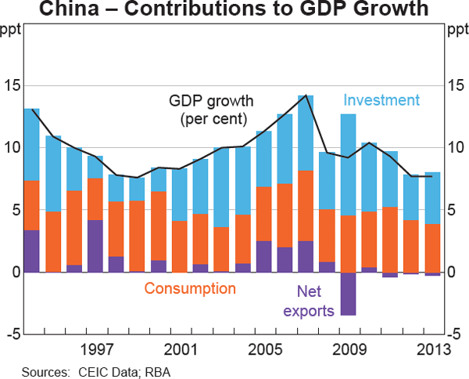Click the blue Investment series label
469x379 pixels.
pyautogui.click(x=381, y=100)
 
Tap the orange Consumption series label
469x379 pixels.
pyautogui.click(x=190, y=289)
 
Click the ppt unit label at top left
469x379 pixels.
pyautogui.click(x=12, y=31)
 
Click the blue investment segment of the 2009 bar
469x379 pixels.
pyautogui.click(x=348, y=164)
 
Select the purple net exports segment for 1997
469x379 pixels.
pyautogui.click(x=95, y=246)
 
